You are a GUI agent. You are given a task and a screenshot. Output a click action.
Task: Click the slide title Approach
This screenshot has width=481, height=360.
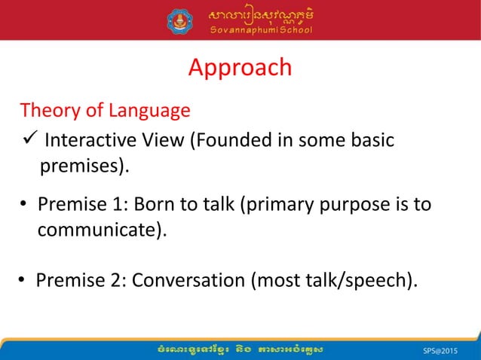[240, 68]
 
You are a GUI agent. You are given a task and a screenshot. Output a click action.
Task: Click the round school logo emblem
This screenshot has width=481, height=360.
[180, 20]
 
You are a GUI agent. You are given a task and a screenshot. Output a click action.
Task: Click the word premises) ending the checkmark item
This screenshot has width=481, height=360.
[84, 166]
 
